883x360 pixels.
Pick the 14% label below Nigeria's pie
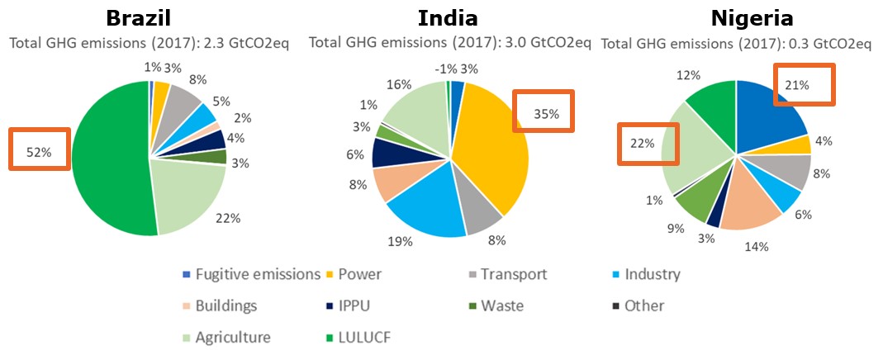pos(757,246)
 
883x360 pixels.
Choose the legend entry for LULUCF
pos(364,337)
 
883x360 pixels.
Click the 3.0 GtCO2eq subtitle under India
pos(449,42)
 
